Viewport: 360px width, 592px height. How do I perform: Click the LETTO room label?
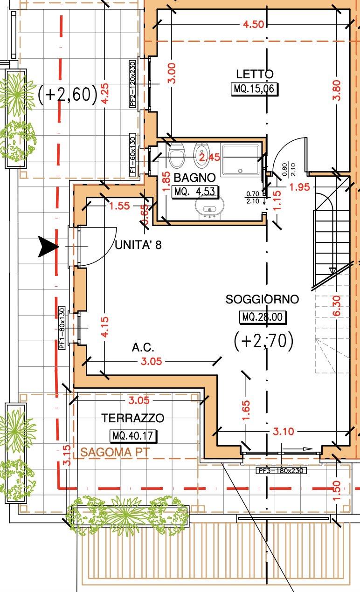(255, 74)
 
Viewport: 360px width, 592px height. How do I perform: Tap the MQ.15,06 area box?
(255, 89)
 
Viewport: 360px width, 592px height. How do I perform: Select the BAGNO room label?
(194, 178)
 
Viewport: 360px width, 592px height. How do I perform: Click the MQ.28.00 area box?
(263, 317)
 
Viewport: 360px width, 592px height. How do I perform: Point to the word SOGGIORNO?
(262, 299)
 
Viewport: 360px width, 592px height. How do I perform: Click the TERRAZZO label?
(133, 418)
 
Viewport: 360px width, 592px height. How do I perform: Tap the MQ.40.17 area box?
(133, 435)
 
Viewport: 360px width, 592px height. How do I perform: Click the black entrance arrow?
(48, 247)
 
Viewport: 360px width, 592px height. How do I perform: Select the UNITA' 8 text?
(138, 245)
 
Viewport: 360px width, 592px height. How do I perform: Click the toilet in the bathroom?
(176, 156)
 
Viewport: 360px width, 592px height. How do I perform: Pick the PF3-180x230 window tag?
(281, 470)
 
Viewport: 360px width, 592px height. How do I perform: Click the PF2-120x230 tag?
(133, 84)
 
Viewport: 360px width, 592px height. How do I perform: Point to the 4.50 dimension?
(254, 24)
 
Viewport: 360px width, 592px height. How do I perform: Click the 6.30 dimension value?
(337, 306)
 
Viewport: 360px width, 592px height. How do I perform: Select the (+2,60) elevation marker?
(68, 95)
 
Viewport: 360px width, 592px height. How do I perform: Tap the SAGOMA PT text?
(115, 452)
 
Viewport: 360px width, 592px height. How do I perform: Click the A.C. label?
(143, 347)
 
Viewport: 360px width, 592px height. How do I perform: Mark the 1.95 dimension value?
(299, 187)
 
